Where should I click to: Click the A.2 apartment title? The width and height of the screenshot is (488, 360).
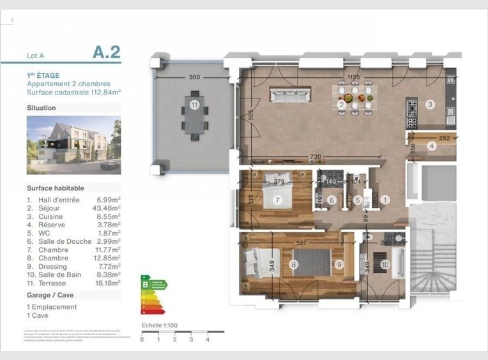(106, 52)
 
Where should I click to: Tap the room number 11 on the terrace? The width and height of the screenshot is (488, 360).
(194, 103)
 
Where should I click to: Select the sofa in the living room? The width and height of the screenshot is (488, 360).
(291, 95)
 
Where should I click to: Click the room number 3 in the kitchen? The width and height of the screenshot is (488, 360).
(431, 104)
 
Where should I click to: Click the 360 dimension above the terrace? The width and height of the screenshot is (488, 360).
(194, 78)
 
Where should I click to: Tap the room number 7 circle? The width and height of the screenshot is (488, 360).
(277, 200)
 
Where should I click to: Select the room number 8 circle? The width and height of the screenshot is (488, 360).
(294, 264)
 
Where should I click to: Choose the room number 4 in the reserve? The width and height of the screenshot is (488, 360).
(432, 146)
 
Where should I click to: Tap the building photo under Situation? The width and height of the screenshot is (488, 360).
(73, 145)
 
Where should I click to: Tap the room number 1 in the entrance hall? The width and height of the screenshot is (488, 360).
(385, 200)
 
